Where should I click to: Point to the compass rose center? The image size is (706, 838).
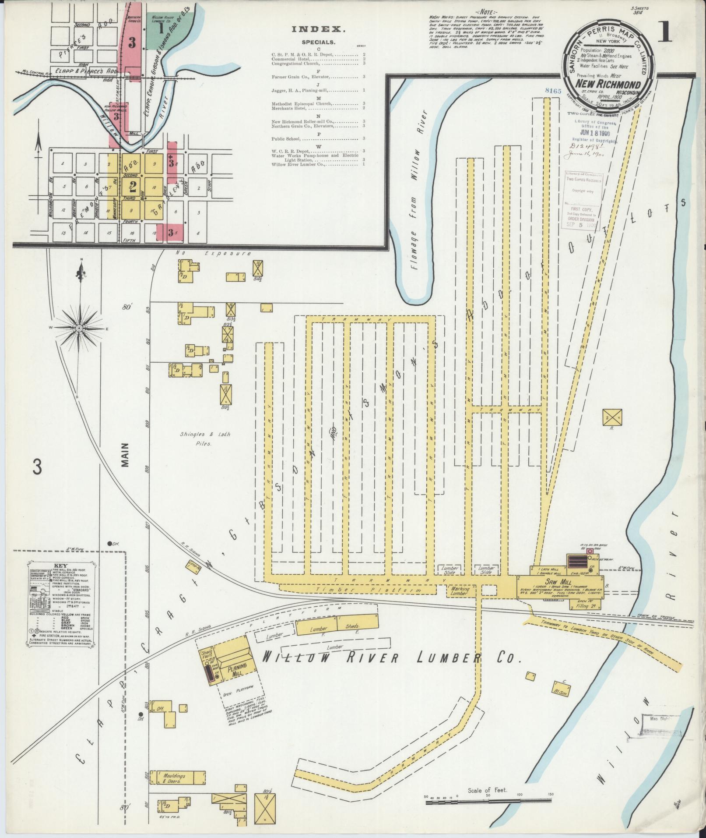(79, 328)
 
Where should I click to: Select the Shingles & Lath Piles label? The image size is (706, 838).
(205, 438)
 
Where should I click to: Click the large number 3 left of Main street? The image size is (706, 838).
(38, 467)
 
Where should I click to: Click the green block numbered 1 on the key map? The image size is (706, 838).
(161, 29)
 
